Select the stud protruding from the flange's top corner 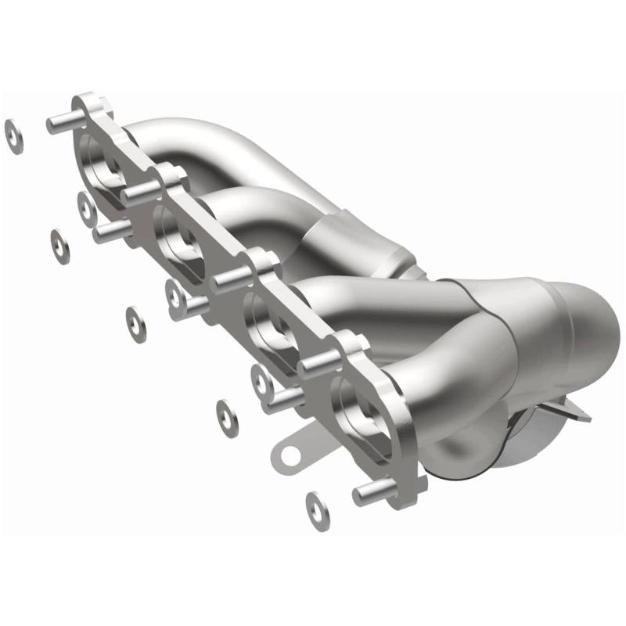(x=63, y=122)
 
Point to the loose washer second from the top (x=59, y=246)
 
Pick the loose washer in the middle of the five (x=137, y=323)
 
